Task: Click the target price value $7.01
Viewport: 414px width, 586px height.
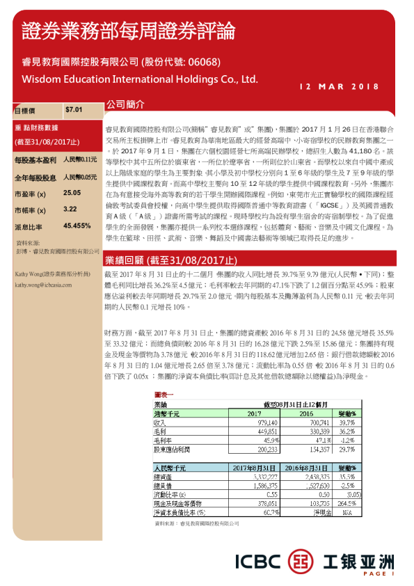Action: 73,110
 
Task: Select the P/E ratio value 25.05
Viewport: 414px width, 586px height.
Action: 72,192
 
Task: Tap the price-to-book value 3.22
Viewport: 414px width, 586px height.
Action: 70,209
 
